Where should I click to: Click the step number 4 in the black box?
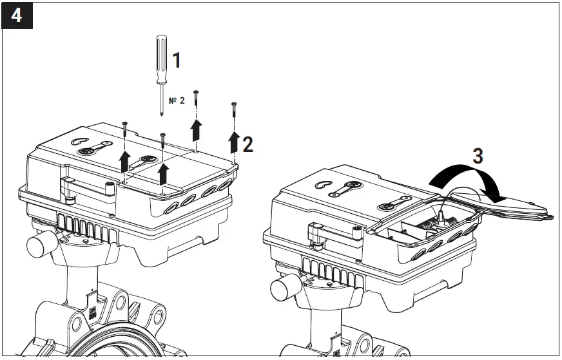pyautogui.click(x=16, y=15)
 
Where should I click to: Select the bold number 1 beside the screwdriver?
pyautogui.click(x=176, y=61)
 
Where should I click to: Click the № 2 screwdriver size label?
pyautogui.click(x=177, y=101)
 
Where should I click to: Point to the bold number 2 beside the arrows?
pyautogui.click(x=247, y=144)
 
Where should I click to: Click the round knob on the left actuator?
pyautogui.click(x=39, y=246)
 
